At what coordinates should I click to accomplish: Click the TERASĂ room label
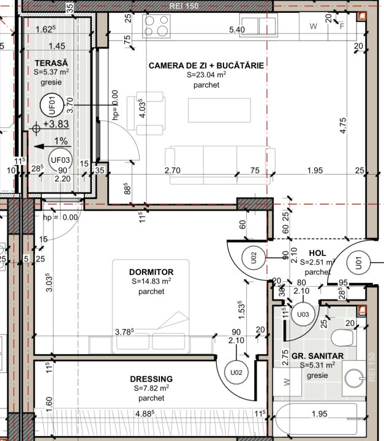(51, 63)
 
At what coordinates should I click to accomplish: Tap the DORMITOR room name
(151, 272)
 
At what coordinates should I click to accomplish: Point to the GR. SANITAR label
(317, 356)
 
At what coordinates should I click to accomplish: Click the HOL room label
(318, 252)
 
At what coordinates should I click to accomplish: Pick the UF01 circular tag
(52, 106)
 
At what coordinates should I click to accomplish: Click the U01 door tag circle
(358, 264)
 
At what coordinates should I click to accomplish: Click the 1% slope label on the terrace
(59, 141)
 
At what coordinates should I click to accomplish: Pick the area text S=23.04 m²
(206, 75)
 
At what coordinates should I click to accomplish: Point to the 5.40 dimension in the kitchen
(237, 29)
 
